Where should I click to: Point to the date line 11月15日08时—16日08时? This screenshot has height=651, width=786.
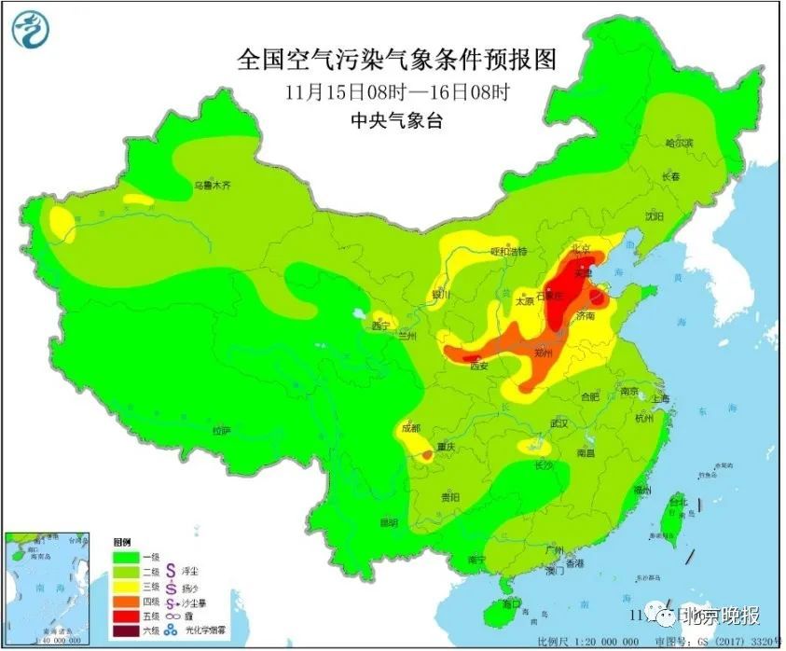point(397,92)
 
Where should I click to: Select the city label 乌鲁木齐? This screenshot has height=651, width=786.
point(212,186)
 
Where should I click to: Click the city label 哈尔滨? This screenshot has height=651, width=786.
point(679,143)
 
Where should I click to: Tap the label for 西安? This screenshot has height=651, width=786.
point(478,367)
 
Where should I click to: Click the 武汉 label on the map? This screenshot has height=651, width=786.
point(559,423)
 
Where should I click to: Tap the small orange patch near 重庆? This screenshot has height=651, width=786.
point(426,454)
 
